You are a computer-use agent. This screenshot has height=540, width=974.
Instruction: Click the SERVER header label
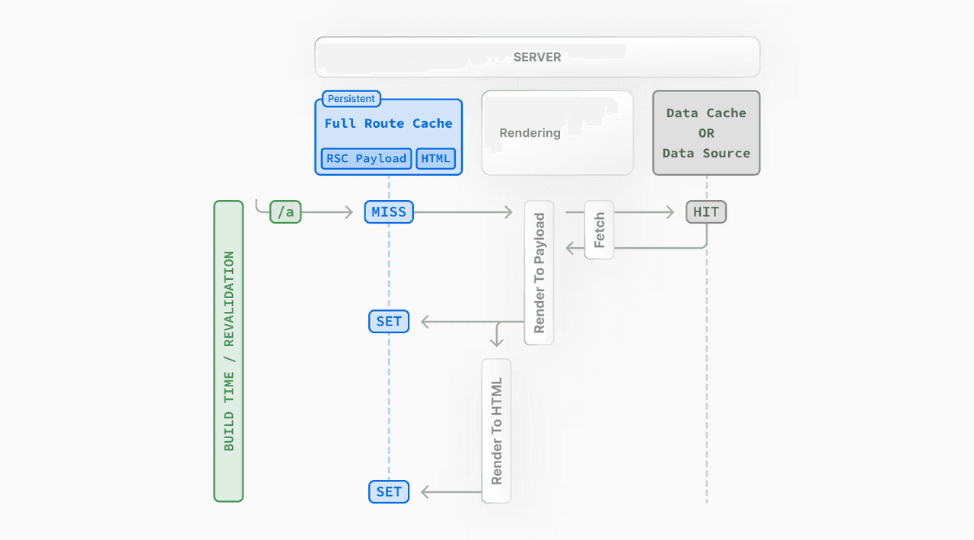[537, 57]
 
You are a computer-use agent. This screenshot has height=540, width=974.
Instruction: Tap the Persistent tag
[351, 99]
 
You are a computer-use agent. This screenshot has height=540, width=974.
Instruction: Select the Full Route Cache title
[388, 123]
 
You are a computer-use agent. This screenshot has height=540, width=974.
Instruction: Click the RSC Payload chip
[366, 158]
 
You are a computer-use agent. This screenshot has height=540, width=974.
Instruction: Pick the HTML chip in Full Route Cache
[436, 158]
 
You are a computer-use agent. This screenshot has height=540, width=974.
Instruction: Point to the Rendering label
[530, 133]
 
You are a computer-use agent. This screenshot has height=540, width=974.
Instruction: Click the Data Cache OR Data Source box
[706, 133]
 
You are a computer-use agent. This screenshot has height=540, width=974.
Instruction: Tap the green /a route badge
[285, 212]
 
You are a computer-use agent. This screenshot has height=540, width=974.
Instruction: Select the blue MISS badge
[389, 212]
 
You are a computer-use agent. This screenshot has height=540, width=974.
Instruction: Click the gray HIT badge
[706, 212]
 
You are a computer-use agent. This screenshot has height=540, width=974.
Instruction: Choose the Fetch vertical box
[600, 230]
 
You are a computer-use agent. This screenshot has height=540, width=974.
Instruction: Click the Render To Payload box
[540, 272]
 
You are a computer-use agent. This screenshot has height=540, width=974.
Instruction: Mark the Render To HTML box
[496, 430]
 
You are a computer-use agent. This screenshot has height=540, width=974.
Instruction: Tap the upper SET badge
[389, 322]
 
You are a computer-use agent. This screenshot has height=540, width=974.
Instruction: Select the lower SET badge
[389, 492]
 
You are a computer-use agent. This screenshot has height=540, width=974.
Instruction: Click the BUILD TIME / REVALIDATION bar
[228, 351]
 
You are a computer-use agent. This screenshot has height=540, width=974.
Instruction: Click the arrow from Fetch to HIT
[644, 213]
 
